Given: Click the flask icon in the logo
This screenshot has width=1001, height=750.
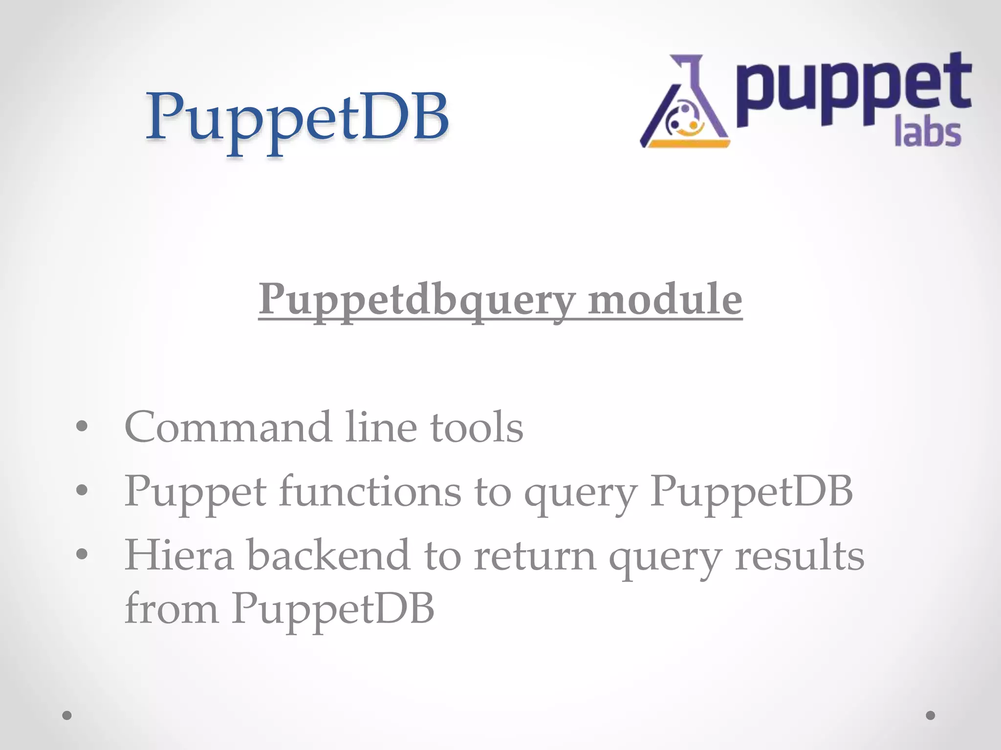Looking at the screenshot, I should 684,103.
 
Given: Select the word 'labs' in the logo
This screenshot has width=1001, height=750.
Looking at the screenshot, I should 927,133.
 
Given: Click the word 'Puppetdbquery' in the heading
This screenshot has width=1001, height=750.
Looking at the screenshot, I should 417,299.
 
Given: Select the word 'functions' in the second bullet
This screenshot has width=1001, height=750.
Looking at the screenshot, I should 370,491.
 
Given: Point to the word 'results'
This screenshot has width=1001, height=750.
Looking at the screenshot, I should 800,555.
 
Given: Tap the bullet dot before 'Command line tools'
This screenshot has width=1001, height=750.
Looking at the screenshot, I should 82,426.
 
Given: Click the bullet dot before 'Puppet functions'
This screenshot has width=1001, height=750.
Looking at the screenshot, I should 82,490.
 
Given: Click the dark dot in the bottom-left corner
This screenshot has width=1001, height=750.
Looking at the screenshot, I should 67,715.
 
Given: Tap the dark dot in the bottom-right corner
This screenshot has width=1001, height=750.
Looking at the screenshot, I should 930,715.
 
